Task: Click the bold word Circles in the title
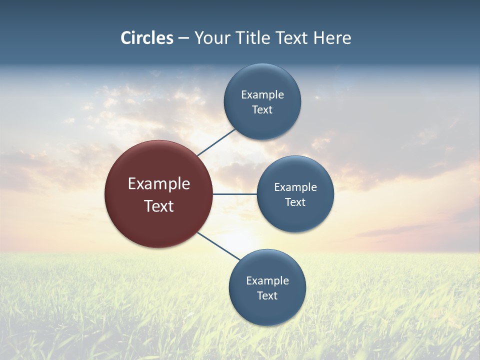click(x=146, y=38)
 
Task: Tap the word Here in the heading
click(x=332, y=38)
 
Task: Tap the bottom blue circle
click(x=267, y=312)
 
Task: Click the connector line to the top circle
click(x=217, y=141)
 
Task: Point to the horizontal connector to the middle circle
click(x=235, y=194)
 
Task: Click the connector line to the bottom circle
click(x=219, y=246)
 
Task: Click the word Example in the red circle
click(x=159, y=184)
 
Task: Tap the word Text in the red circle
click(x=159, y=206)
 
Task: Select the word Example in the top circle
click(x=262, y=95)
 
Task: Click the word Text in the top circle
click(x=262, y=110)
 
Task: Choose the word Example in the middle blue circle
click(x=295, y=187)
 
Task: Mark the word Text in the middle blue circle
click(x=295, y=202)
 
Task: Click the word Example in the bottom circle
click(x=267, y=281)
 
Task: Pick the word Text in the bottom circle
click(x=267, y=296)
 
